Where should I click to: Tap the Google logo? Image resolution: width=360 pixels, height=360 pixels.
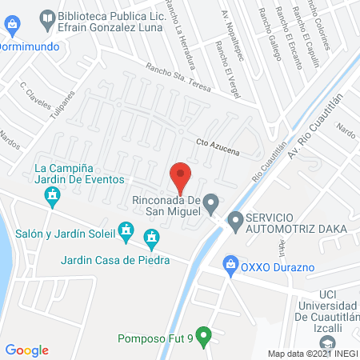(x=27, y=350)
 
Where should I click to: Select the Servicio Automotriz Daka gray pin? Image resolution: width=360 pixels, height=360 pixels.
(x=235, y=218)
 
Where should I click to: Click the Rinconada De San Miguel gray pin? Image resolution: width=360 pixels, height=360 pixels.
(x=211, y=203)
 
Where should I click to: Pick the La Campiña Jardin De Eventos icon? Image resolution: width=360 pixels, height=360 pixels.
(x=52, y=194)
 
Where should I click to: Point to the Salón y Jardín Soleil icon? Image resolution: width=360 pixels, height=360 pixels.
(x=125, y=232)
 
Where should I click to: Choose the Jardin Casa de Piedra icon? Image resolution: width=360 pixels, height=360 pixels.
(x=151, y=237)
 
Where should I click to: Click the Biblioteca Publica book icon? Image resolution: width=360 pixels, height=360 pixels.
(x=47, y=17)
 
